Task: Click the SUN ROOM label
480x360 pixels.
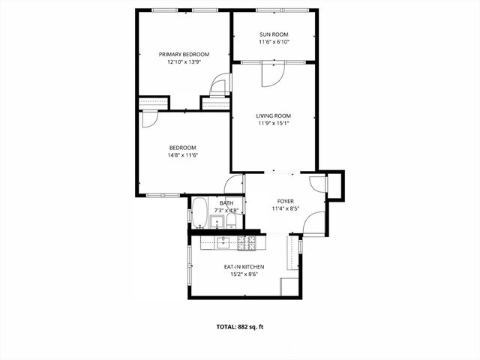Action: pos(274,34)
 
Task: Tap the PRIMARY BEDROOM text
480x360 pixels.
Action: pos(184,54)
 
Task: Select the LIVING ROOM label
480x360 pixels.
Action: pos(274,115)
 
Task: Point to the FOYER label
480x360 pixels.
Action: pos(286,201)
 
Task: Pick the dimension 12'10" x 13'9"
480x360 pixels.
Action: pos(184,62)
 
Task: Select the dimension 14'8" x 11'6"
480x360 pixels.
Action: pos(182,155)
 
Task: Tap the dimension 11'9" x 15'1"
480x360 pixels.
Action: pos(274,124)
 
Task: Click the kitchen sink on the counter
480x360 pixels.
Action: pos(223,242)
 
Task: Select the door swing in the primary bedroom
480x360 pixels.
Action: pos(219,84)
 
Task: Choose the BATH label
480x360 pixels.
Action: pos(226,202)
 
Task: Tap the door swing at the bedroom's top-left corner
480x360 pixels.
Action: pos(148,118)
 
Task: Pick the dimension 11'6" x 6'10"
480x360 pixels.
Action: pos(274,43)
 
